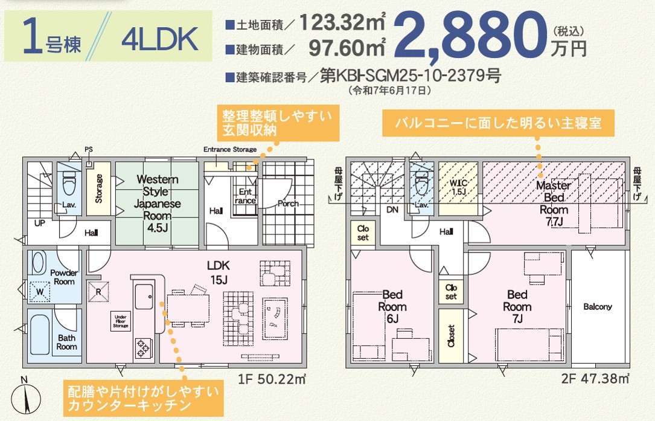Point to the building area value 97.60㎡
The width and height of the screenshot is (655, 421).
click(x=347, y=47)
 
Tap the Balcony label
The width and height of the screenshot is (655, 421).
click(x=598, y=306)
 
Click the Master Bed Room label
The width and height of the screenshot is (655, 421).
click(x=554, y=203)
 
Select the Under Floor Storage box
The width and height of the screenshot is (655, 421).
click(x=121, y=321)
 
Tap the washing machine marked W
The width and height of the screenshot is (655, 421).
click(x=40, y=291)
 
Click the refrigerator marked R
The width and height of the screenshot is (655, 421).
click(x=98, y=291)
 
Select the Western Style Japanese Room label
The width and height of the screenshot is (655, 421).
click(x=157, y=203)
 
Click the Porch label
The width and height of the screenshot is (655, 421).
click(x=288, y=203)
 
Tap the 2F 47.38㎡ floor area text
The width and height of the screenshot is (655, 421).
click(x=595, y=378)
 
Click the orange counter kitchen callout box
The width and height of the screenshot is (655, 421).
click(x=143, y=398)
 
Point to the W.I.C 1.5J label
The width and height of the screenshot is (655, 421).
click(x=458, y=187)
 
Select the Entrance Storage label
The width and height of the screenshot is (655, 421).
click(x=230, y=149)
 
